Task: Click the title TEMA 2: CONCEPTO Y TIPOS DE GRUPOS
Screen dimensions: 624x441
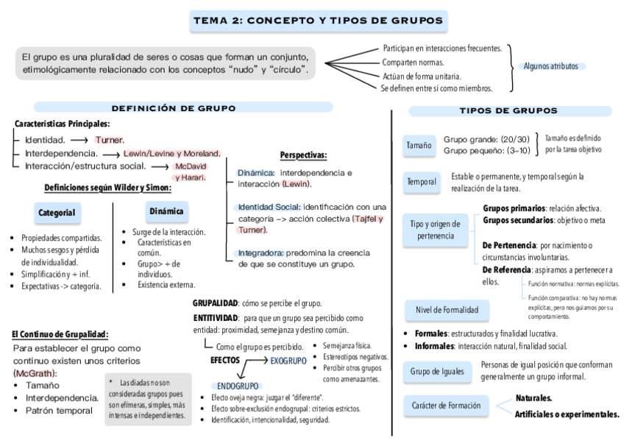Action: pyautogui.click(x=318, y=21)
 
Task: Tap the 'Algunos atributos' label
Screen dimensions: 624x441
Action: pyautogui.click(x=550, y=66)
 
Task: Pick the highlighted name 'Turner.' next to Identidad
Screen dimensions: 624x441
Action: pyautogui.click(x=110, y=139)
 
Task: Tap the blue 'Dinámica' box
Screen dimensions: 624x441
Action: pyautogui.click(x=166, y=211)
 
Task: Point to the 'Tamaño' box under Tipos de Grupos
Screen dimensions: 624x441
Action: pyautogui.click(x=419, y=146)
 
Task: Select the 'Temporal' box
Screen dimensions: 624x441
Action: pyautogui.click(x=422, y=182)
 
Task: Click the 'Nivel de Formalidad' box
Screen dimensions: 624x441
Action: pyautogui.click(x=447, y=310)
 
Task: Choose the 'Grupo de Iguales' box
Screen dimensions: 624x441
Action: pyautogui.click(x=438, y=372)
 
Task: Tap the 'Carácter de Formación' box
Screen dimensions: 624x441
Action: pyautogui.click(x=446, y=405)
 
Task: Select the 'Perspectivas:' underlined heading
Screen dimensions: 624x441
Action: pyautogui.click(x=303, y=155)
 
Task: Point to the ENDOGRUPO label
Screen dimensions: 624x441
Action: pyautogui.click(x=238, y=386)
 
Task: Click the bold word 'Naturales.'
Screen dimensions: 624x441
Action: pyautogui.click(x=533, y=398)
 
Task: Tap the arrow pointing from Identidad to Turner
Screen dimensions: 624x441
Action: pyautogui.click(x=80, y=140)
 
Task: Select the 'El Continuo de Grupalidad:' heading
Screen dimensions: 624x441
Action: pyautogui.click(x=60, y=334)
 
